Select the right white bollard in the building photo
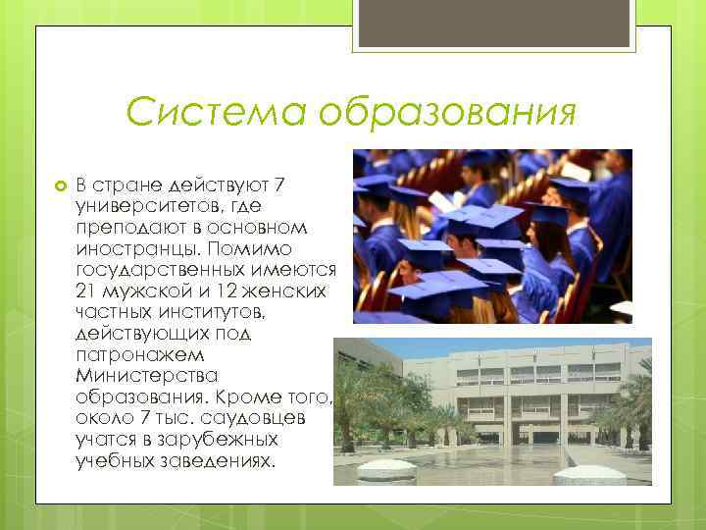pyautogui.click(x=592, y=474)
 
